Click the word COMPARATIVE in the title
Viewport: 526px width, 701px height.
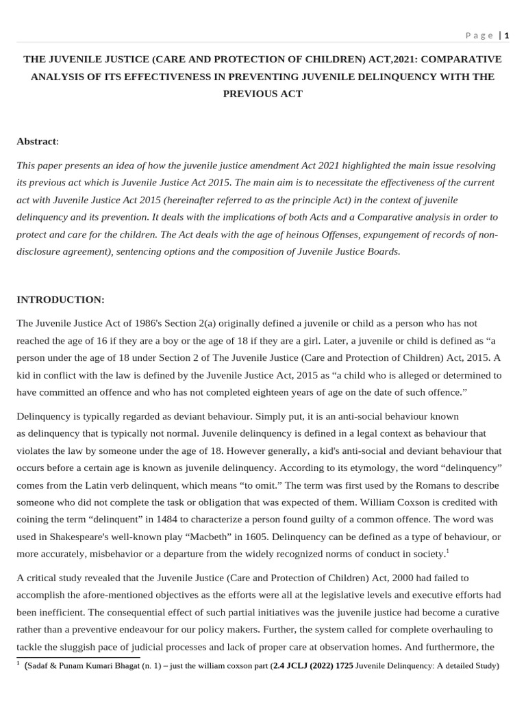click(460, 60)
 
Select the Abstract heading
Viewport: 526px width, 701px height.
click(36, 141)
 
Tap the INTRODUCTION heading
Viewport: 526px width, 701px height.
click(60, 300)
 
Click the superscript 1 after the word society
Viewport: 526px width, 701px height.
click(447, 551)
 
